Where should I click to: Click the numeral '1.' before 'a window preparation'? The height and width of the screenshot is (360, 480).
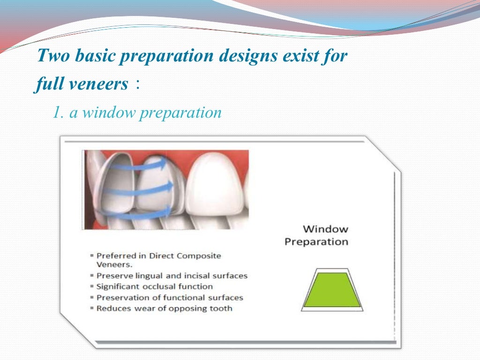(x=58, y=113)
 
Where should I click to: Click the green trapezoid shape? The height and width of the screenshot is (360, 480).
(x=331, y=290)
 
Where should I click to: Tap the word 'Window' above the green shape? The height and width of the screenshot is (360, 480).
(x=325, y=229)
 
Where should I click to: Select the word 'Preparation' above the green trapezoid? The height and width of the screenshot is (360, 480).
(x=316, y=242)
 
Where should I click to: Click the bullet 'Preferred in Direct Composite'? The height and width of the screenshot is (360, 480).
(x=158, y=256)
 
